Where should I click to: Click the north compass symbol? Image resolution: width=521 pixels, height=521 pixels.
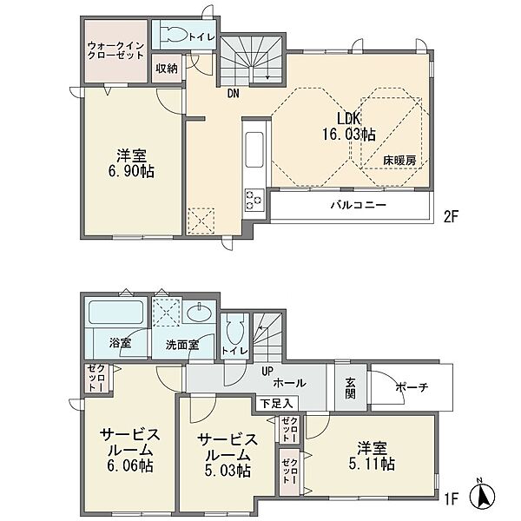482,496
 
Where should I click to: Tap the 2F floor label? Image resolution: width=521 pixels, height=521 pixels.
452,218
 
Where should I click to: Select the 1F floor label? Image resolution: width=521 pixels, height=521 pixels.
451,498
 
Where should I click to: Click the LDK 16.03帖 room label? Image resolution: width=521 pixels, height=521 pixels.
349,127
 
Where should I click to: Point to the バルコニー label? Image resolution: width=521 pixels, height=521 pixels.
359,204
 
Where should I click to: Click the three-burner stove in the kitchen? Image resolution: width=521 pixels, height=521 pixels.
254,200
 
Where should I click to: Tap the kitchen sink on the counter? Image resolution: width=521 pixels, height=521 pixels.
254,150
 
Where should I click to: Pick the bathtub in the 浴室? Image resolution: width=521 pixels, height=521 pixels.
116,313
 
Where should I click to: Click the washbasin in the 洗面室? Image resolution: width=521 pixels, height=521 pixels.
198,313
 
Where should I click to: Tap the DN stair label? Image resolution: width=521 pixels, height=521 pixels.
234,94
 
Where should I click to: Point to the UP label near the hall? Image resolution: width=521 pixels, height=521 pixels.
267,372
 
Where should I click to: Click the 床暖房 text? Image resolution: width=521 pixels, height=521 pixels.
399,161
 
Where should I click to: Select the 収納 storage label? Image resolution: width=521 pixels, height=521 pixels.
167,69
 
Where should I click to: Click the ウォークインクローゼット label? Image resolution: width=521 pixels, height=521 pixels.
115,50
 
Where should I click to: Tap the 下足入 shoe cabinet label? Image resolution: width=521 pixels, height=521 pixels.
277,404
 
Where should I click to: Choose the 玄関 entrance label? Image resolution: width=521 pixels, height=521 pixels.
350,388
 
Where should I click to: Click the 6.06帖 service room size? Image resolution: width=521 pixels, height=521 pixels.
130,465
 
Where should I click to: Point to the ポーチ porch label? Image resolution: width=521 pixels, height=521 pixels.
412,387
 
